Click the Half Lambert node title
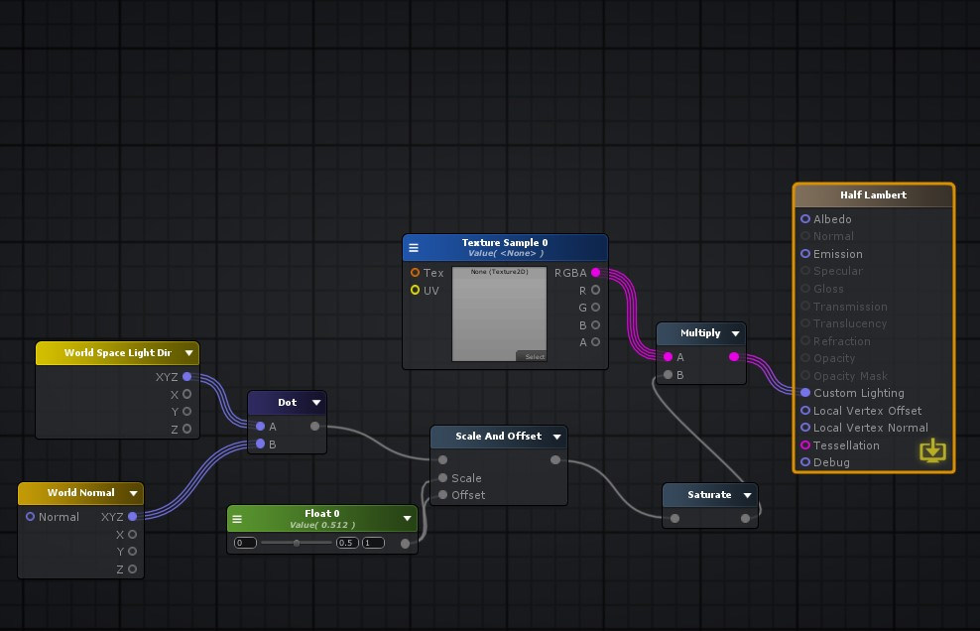(x=873, y=195)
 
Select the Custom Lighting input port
(x=805, y=393)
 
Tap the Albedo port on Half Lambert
(x=805, y=219)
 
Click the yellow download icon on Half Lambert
(x=932, y=451)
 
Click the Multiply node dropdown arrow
(x=735, y=333)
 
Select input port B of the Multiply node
(x=668, y=375)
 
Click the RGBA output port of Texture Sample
(x=595, y=273)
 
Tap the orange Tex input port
(x=415, y=273)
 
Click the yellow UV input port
(x=415, y=291)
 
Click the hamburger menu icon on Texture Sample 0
(x=414, y=248)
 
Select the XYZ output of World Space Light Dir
(x=186, y=377)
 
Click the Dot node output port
(x=314, y=427)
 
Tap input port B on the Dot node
(x=260, y=444)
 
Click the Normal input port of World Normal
(x=30, y=517)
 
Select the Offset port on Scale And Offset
(x=442, y=495)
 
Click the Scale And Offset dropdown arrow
(x=556, y=437)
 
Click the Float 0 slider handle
(x=297, y=543)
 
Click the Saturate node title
(x=709, y=494)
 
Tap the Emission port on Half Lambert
(x=805, y=254)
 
